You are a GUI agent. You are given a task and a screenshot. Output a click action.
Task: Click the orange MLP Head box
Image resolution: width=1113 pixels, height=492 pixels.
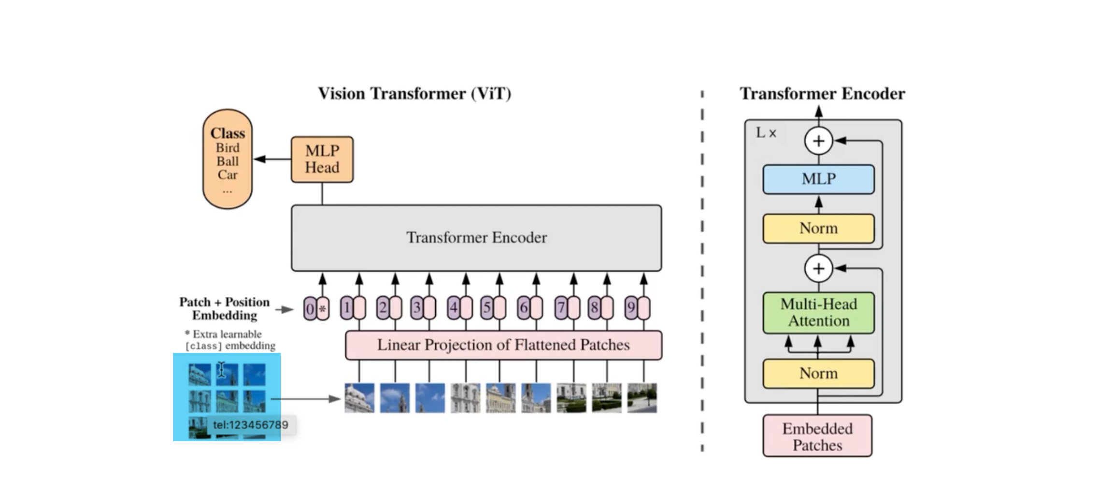coord(322,159)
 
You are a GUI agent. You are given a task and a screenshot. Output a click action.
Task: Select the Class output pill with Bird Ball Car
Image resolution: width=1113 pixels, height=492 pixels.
coord(228,159)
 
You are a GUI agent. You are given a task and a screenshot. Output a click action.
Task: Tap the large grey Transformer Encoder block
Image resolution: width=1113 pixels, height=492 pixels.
coord(476,238)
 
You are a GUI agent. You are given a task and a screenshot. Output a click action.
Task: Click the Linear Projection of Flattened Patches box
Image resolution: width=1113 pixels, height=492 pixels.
coord(503,345)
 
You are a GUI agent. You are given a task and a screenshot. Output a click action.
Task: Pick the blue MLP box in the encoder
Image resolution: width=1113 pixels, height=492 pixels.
coord(818,179)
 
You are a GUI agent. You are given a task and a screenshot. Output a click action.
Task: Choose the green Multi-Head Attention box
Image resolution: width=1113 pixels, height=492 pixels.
coord(818,313)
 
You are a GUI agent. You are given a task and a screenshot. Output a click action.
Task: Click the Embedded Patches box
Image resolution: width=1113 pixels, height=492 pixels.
coord(817,436)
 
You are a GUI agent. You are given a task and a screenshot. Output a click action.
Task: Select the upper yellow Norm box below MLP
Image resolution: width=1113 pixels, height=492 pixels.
coord(818,229)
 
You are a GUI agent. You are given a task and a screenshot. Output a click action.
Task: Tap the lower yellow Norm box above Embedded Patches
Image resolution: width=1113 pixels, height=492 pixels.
coord(818,374)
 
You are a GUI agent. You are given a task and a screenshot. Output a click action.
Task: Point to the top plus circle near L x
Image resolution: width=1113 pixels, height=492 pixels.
coord(818,141)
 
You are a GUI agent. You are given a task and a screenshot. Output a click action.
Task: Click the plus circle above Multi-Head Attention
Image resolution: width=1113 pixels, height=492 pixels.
coord(818,268)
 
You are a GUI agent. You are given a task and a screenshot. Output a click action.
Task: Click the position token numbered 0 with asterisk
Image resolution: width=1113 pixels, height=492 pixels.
coord(316,308)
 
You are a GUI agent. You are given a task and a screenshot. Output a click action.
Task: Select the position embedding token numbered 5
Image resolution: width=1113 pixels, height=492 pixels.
coord(493,308)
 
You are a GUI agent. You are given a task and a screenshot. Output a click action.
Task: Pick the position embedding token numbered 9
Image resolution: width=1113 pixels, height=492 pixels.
coord(637,308)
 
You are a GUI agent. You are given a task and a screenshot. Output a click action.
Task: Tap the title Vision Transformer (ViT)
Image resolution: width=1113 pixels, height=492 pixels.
coord(414,93)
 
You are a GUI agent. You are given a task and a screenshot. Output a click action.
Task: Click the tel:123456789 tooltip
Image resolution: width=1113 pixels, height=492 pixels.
coord(251,425)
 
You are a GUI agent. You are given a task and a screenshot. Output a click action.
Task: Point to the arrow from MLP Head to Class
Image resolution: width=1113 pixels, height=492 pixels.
coord(272,159)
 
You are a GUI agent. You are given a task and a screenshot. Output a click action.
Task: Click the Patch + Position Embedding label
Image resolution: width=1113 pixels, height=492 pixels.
coord(225,309)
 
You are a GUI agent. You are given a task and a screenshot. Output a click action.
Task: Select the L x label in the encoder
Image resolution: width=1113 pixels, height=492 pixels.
coord(766,133)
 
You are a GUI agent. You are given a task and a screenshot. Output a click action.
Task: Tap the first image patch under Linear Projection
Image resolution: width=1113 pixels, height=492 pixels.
coord(359,398)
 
